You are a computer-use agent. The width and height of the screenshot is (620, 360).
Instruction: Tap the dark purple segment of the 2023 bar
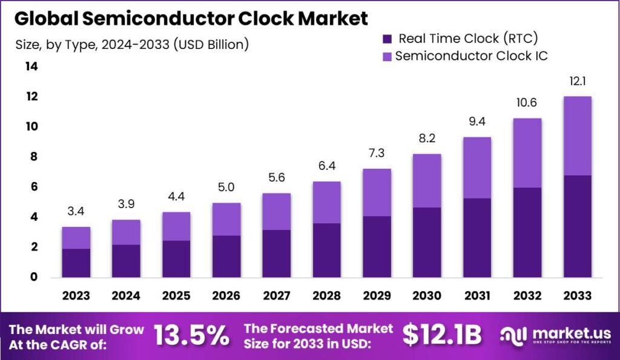point(76,263)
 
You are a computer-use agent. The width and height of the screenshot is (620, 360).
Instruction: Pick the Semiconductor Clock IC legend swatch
point(387,56)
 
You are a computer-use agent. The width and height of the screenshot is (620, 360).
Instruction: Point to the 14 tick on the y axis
point(30,67)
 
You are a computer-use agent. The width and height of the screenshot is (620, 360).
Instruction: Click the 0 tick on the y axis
point(33,277)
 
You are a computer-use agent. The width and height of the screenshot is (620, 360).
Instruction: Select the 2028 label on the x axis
point(326,295)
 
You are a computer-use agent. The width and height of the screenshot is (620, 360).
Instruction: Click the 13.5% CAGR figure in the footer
point(191,335)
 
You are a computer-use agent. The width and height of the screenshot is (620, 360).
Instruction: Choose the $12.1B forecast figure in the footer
point(442,335)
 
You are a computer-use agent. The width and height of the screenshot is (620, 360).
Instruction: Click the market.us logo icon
point(512,335)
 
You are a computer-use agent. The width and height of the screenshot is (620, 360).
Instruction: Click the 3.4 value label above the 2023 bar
point(76,212)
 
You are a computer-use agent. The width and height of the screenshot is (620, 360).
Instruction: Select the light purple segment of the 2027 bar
point(275,211)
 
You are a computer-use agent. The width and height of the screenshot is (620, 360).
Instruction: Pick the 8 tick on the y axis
point(33,157)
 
